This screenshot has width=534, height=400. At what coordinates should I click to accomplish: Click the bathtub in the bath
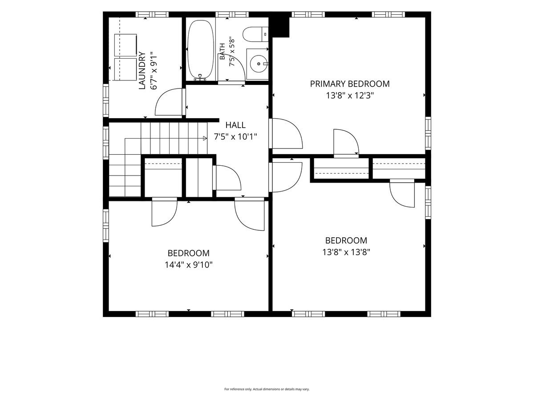click(201, 50)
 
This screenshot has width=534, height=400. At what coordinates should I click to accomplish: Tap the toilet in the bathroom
click(255, 34)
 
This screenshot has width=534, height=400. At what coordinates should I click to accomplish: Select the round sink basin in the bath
click(259, 64)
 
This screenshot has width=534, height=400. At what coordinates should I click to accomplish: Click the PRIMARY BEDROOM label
click(350, 84)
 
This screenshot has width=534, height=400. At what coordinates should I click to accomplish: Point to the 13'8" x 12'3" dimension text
click(350, 96)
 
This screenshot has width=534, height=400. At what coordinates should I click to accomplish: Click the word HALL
click(235, 125)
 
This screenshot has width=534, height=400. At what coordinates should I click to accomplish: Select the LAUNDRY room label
click(142, 70)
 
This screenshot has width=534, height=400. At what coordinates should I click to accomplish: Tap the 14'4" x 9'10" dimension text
click(189, 265)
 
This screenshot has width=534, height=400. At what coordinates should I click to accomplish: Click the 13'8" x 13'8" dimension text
click(346, 252)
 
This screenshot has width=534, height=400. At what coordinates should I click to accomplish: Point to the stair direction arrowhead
click(205, 138)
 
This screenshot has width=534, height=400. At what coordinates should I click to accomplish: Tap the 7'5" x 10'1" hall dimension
click(235, 137)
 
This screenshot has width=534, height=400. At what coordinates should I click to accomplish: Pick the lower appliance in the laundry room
click(125, 69)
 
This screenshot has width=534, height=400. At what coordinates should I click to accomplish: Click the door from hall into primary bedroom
click(286, 133)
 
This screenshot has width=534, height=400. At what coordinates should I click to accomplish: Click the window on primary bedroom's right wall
click(428, 133)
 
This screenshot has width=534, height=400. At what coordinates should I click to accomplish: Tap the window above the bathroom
click(232, 14)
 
